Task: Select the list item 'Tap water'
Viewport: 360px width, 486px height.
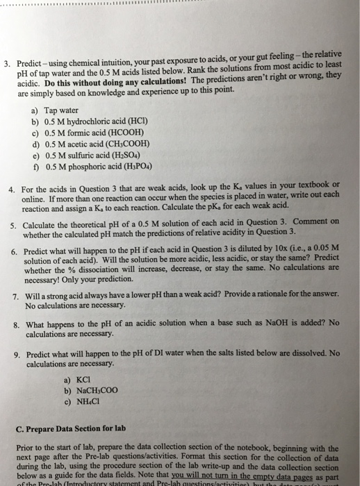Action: [58, 110]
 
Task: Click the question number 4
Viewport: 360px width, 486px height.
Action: [12, 189]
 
